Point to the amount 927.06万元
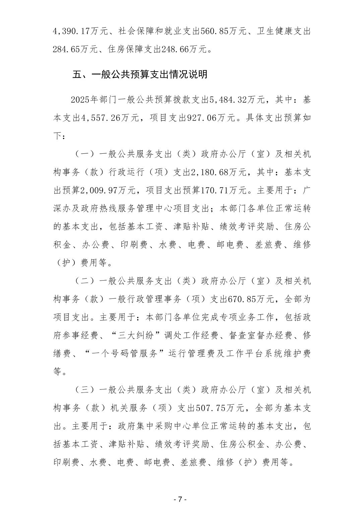(206, 118)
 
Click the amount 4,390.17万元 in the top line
(80, 32)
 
